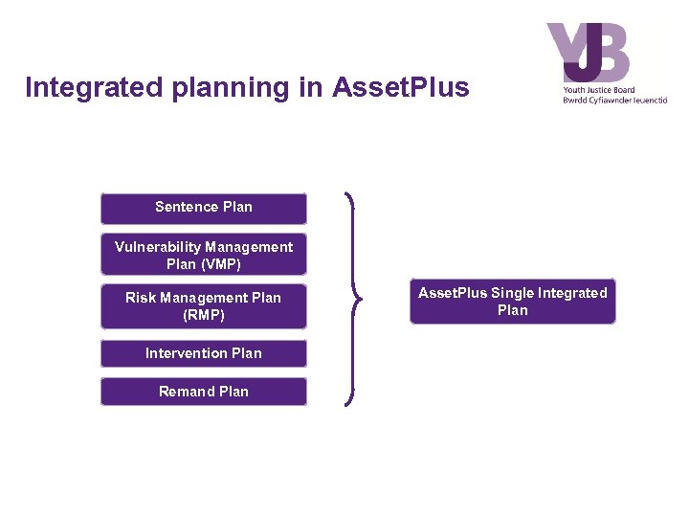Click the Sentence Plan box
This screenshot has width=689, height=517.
[x=204, y=208]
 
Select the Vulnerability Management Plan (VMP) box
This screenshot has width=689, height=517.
[x=204, y=256]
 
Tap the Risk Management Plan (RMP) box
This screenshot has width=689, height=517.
[x=204, y=306]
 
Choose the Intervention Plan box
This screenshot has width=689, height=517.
[x=204, y=353]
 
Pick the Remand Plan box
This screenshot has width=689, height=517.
[x=204, y=392]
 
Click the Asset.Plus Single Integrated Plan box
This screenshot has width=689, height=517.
[x=513, y=302]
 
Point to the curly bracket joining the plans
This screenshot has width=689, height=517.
[x=355, y=300]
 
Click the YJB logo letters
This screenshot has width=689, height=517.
[x=589, y=53]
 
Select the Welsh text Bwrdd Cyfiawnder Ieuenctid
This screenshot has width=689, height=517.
[x=614, y=100]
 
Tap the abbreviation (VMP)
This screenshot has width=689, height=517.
[x=217, y=264]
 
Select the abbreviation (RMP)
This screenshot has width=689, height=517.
[x=204, y=315]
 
